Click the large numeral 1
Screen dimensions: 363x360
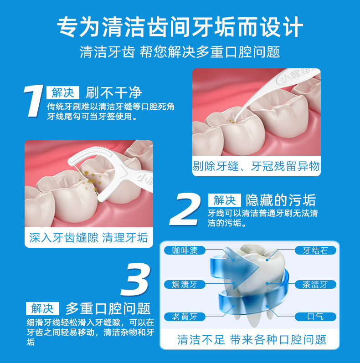tap(34, 102)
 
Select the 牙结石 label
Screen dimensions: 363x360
tap(315, 251)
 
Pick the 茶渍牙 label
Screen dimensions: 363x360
tap(315, 285)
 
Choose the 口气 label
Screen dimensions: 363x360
tap(315, 317)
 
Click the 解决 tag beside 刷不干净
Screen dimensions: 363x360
tap(63, 93)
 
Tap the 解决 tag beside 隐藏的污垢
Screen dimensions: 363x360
tap(224, 200)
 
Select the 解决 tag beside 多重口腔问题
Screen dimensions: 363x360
tap(42, 308)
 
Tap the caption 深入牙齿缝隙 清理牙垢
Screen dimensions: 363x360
tap(88, 238)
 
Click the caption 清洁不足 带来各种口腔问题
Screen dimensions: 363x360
tap(252, 339)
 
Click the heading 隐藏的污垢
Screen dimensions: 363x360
tap(280, 200)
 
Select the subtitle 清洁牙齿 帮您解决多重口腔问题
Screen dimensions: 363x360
tap(180, 52)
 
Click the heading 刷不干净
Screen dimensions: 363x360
tap(114, 93)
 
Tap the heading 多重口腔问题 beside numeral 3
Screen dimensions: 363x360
tap(108, 308)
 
